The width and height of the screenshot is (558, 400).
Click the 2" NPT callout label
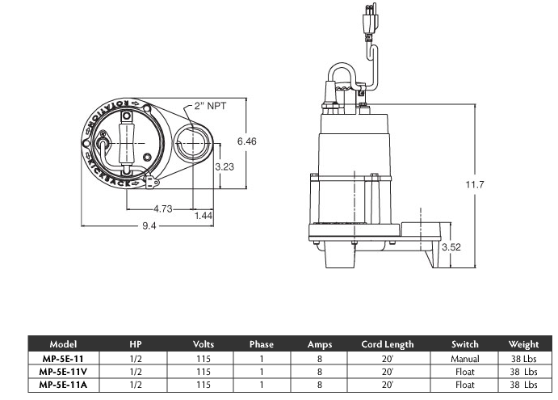coord(212,106)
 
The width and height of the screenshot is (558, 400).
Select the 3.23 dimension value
coord(226,166)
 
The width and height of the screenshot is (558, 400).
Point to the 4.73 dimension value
coord(162,208)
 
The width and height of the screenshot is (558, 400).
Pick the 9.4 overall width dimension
coord(149,226)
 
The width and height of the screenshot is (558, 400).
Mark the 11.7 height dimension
coord(476,185)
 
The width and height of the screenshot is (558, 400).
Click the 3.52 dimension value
coord(451,248)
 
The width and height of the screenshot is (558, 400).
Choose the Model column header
coord(63,344)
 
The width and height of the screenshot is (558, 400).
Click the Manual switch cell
coord(465,358)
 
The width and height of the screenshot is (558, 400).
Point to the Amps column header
coord(320,344)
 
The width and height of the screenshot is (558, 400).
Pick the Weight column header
coord(523,344)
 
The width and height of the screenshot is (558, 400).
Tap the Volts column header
coord(203,344)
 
